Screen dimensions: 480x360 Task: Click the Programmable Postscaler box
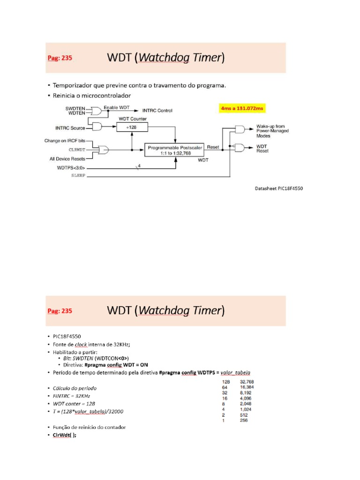point(175,150)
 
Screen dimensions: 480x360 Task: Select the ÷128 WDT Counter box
point(132,127)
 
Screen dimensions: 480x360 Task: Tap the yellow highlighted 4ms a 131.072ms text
point(242,108)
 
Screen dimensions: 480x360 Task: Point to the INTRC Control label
point(157,111)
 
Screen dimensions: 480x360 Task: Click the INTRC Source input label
point(70,127)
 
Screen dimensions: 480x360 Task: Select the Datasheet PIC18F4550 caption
point(278,188)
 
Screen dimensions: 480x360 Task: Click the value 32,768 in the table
point(247,382)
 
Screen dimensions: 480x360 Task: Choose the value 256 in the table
point(244,420)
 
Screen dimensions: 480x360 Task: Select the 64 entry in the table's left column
point(225,387)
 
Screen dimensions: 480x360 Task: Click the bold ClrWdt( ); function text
point(64,435)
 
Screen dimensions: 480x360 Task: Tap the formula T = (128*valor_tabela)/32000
point(88,411)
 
